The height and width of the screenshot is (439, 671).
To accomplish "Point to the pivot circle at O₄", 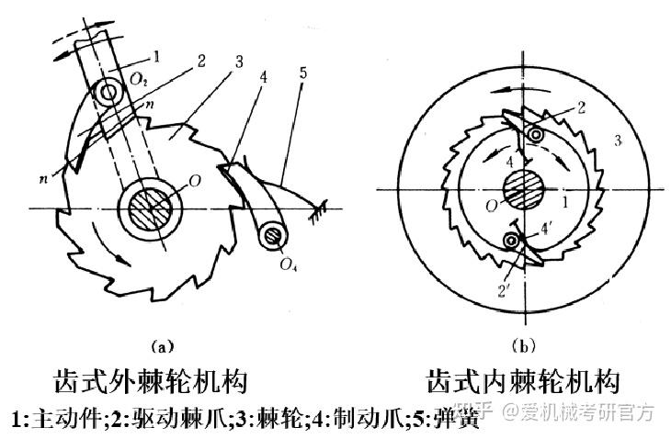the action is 271,236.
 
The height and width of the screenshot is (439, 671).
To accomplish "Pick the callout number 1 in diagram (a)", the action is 157,57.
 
